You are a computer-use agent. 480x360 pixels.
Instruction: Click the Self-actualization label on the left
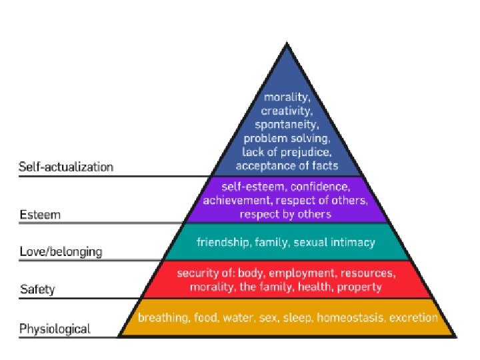[x=66, y=167]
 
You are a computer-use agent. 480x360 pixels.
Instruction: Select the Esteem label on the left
[x=40, y=215]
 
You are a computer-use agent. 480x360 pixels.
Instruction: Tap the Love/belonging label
[x=61, y=252]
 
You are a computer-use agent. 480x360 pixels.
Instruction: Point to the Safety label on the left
[x=37, y=290]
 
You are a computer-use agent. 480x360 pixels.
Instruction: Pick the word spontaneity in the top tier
[x=287, y=124]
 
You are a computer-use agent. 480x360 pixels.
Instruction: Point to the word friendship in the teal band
[x=222, y=243]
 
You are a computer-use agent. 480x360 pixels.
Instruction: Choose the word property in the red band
[x=360, y=287]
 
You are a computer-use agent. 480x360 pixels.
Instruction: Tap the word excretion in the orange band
[x=413, y=318]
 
